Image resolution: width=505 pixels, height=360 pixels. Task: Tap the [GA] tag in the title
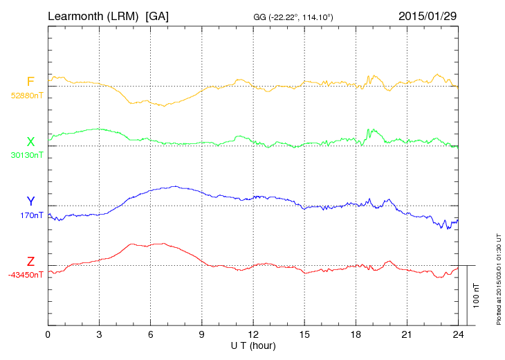click(x=157, y=15)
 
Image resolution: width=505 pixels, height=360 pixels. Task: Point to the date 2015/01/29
click(x=428, y=15)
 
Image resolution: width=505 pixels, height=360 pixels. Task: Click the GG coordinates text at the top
click(x=294, y=16)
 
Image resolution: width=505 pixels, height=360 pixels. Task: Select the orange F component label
click(x=30, y=82)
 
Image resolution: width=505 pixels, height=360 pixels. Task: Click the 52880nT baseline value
click(x=26, y=96)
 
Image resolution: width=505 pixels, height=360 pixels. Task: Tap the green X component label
click(x=30, y=142)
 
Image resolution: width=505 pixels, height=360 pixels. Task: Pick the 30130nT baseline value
click(x=26, y=155)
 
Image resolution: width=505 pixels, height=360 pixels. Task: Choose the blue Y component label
click(x=30, y=201)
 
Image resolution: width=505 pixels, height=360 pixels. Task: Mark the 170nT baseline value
click(x=31, y=215)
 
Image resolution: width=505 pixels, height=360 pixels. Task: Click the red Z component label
click(x=30, y=262)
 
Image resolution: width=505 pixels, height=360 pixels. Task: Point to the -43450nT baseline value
click(x=26, y=275)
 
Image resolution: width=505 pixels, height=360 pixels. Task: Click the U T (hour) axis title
click(x=252, y=345)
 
